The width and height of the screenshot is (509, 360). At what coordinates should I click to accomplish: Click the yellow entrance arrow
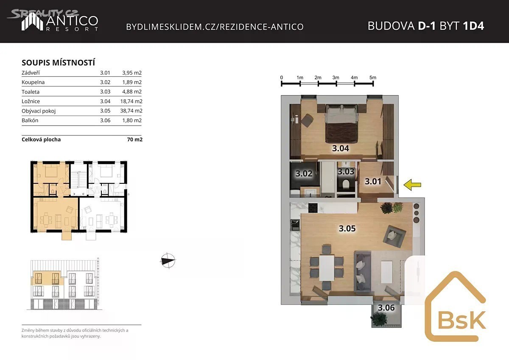pyautogui.click(x=412, y=185)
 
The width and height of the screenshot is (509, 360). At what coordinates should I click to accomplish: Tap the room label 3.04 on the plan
pyautogui.click(x=340, y=149)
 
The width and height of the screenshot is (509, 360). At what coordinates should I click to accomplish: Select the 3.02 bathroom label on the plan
pyautogui.click(x=304, y=174)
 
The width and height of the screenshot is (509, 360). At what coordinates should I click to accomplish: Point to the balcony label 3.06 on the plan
pyautogui.click(x=386, y=308)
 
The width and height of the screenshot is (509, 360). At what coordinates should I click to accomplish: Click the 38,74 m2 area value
pyautogui.click(x=131, y=111)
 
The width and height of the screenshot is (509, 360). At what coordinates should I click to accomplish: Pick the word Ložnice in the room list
pyautogui.click(x=31, y=101)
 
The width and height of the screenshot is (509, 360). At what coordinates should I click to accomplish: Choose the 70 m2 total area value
pyautogui.click(x=135, y=139)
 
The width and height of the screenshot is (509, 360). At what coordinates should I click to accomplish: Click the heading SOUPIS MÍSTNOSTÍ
pyautogui.click(x=58, y=62)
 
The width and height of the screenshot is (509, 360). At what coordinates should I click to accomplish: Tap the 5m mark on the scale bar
pyautogui.click(x=373, y=78)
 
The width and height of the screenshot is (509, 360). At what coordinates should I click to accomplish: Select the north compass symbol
pyautogui.click(x=168, y=260)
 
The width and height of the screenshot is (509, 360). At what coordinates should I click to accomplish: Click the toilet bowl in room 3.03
pyautogui.click(x=346, y=184)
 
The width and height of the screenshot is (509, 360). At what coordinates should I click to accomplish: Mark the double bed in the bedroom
pyautogui.click(x=341, y=124)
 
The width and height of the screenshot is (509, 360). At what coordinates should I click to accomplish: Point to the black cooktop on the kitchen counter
pyautogui.click(x=313, y=208)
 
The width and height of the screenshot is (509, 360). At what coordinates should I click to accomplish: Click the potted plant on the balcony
pyautogui.click(x=379, y=319)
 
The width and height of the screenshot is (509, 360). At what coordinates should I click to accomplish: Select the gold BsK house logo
pyautogui.click(x=456, y=307)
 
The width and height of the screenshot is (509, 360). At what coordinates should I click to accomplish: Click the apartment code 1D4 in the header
pyautogui.click(x=473, y=26)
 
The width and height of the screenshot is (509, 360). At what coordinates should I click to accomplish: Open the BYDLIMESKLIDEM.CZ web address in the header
pyautogui.click(x=215, y=27)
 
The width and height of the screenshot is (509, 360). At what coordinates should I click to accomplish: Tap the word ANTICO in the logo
pyautogui.click(x=72, y=21)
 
